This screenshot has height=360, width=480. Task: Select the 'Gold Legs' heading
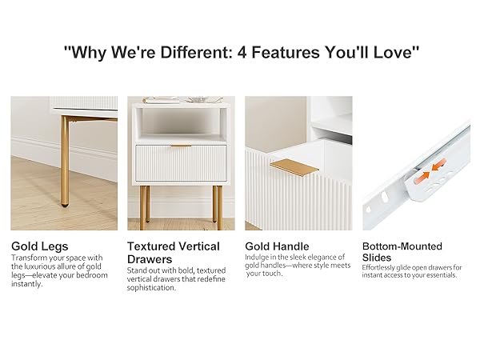pos(40,246)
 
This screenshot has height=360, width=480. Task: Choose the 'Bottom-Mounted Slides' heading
pos(402,252)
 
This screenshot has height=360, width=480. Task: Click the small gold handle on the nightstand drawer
pos(180,146)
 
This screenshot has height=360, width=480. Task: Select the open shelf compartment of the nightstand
pos(180,124)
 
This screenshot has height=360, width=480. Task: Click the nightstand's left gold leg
pos(145,203)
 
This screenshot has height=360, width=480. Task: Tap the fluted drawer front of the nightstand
pos(180,164)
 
